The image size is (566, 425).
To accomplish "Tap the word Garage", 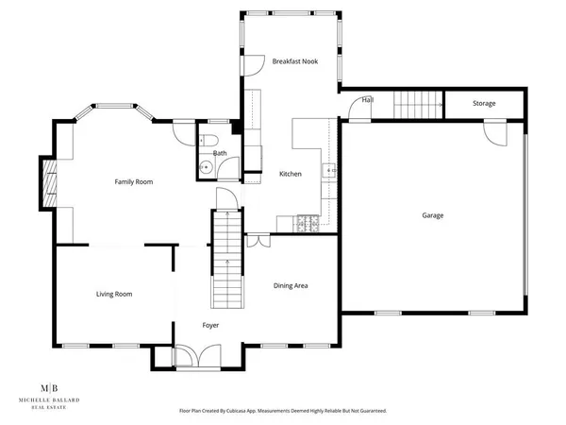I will click(432, 215).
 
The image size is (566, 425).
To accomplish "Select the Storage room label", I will click(483, 103).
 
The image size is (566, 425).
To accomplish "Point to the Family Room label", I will click(134, 181).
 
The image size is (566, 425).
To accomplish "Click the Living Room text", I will click(114, 294).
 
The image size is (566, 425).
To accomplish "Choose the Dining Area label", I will click(291, 285).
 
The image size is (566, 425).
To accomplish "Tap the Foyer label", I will click(210, 325).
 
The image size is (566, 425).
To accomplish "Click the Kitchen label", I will click(290, 174).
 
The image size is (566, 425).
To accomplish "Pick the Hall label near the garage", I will click(368, 99).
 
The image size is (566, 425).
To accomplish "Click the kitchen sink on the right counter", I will click(329, 171).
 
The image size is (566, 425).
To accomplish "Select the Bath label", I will click(220, 153).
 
